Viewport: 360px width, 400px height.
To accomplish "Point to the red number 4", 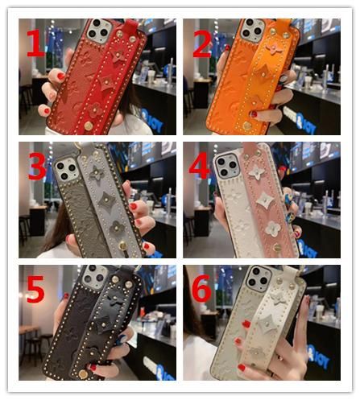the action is (x=199, y=164).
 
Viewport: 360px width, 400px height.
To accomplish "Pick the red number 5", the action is (x=35, y=289).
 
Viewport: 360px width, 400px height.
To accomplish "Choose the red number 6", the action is (x=202, y=288).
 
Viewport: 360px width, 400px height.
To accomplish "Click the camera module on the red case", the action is (x=98, y=31).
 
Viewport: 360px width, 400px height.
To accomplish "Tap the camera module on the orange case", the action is (x=252, y=31).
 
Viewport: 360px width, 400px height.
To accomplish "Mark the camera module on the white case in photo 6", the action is (x=259, y=279).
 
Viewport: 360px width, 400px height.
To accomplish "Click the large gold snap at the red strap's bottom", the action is (x=88, y=126).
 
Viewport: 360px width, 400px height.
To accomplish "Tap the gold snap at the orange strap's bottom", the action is (x=247, y=126).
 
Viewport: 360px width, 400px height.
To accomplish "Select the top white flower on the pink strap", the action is (x=257, y=172).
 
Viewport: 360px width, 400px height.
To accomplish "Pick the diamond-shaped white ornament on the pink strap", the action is (x=265, y=200).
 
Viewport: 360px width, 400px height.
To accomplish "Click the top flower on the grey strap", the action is (x=96, y=172).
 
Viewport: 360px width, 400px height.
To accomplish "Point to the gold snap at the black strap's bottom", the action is (x=83, y=374).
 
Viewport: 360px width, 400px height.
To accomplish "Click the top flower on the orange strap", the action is (x=274, y=49).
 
